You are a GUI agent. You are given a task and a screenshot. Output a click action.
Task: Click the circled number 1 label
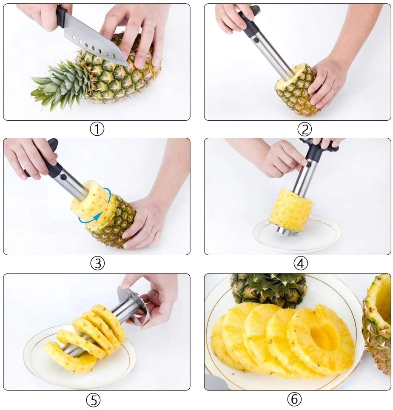coord(97,128)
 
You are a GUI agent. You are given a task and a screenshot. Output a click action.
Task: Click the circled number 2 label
coord(305,128)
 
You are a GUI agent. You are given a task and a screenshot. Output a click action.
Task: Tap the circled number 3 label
coord(97,263)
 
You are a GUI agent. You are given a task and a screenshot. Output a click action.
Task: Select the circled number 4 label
coord(300,263)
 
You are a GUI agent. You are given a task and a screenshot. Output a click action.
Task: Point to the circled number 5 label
coord(93,399)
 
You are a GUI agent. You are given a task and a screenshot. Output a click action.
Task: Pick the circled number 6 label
coord(294,399)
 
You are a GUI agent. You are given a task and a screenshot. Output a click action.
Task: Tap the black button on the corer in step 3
coord(63,177)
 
